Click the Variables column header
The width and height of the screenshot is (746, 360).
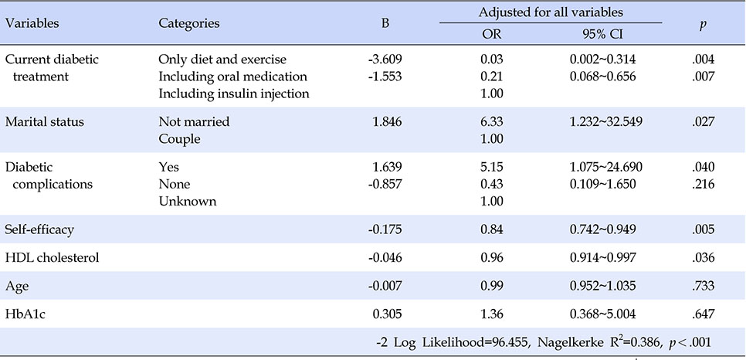click(32, 23)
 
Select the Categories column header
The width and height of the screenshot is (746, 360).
click(189, 23)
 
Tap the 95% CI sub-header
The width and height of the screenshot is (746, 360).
click(602, 34)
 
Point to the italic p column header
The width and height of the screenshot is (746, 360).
click(702, 25)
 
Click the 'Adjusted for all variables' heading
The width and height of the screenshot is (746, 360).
click(551, 12)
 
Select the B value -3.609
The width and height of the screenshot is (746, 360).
click(385, 59)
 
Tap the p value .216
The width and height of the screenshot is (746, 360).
click(704, 184)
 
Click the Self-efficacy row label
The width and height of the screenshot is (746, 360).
click(39, 229)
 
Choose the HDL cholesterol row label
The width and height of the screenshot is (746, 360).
click(53, 257)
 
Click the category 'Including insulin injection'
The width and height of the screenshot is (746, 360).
click(234, 93)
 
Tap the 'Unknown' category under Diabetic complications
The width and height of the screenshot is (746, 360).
click(188, 201)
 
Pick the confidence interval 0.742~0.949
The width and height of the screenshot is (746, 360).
click(602, 229)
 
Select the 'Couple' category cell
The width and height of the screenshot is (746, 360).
click(179, 139)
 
